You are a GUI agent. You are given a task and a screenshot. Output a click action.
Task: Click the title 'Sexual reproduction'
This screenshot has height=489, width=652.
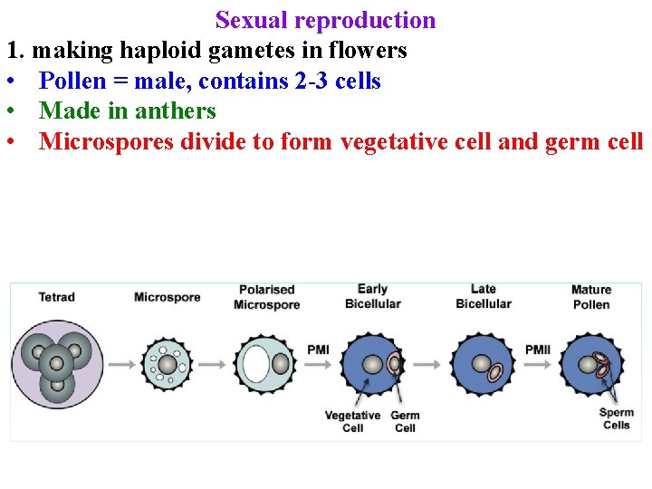325,20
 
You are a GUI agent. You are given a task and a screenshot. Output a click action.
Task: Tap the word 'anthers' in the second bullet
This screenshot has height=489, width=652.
175,111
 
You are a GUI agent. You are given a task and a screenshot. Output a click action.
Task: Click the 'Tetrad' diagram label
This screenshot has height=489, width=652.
56,297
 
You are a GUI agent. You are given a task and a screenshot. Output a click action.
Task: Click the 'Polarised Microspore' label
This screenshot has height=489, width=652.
266,297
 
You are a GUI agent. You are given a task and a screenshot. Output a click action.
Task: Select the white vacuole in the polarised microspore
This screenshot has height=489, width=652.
256,364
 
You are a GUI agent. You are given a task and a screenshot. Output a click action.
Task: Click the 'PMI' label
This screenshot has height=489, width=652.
318,350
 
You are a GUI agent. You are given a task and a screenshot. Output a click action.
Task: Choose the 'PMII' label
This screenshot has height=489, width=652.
538,350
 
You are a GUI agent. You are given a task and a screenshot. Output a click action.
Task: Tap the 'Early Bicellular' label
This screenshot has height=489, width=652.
372,296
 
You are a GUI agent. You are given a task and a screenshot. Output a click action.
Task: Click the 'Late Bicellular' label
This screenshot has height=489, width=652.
484,296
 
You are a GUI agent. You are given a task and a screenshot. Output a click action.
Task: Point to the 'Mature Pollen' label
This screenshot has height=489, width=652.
591,297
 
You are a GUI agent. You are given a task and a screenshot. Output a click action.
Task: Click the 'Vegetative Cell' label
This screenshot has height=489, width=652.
352,422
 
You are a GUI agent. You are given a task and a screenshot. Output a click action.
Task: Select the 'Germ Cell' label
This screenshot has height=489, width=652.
405,422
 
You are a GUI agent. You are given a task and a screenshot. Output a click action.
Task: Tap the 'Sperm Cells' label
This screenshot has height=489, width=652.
616,418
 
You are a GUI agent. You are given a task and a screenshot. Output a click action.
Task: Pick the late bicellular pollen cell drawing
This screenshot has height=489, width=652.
483,365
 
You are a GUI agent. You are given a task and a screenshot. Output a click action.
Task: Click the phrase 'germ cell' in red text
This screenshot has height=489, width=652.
594,141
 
